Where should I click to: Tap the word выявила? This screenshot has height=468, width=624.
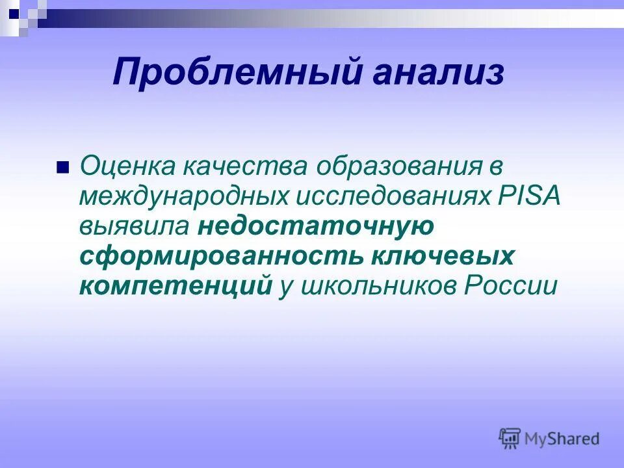pyautogui.click(x=135, y=227)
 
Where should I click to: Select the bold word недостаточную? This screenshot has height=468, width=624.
pyautogui.click(x=316, y=227)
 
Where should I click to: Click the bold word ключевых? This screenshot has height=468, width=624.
pyautogui.click(x=441, y=257)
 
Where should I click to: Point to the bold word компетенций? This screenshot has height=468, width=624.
pyautogui.click(x=175, y=287)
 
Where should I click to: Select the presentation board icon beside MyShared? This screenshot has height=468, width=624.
pyautogui.click(x=510, y=438)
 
